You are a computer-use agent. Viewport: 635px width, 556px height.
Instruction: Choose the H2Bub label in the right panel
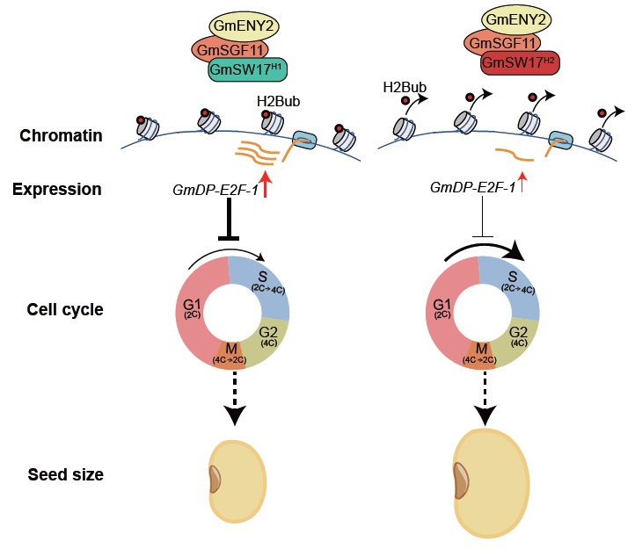(x=401, y=88)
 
